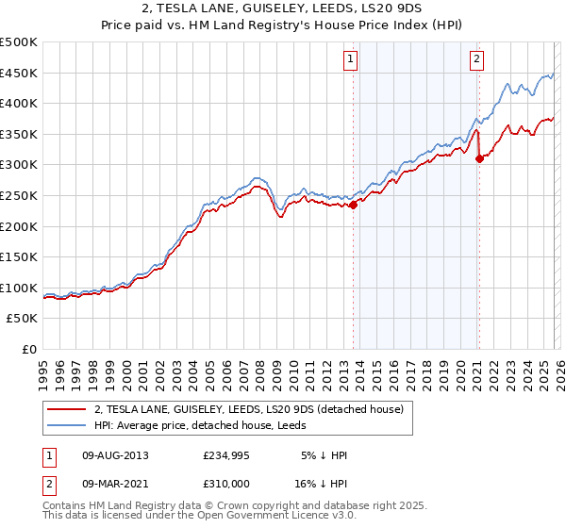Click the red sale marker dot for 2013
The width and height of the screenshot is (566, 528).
coord(354,205)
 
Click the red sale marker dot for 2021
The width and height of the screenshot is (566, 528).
coord(479,158)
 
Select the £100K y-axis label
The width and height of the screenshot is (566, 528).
coord(19,288)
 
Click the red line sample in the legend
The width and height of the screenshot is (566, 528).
coord(68,408)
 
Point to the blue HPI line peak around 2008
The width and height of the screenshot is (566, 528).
coord(256,177)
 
